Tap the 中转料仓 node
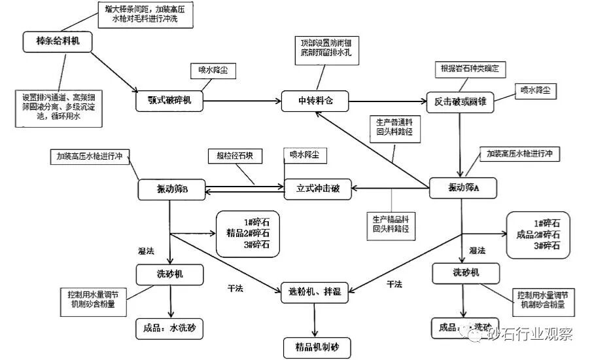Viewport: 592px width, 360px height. [x=316, y=100]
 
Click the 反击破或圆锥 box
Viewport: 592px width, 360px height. [x=459, y=101]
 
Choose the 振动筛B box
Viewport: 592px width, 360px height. [x=172, y=190]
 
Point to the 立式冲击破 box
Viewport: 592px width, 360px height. [x=318, y=189]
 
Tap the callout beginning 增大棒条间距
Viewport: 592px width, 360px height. [x=145, y=14]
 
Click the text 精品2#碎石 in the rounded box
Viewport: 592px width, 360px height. [x=247, y=234]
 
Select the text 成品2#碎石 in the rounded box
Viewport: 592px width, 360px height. [x=538, y=234]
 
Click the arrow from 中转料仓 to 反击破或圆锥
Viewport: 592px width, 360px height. [x=386, y=101]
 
